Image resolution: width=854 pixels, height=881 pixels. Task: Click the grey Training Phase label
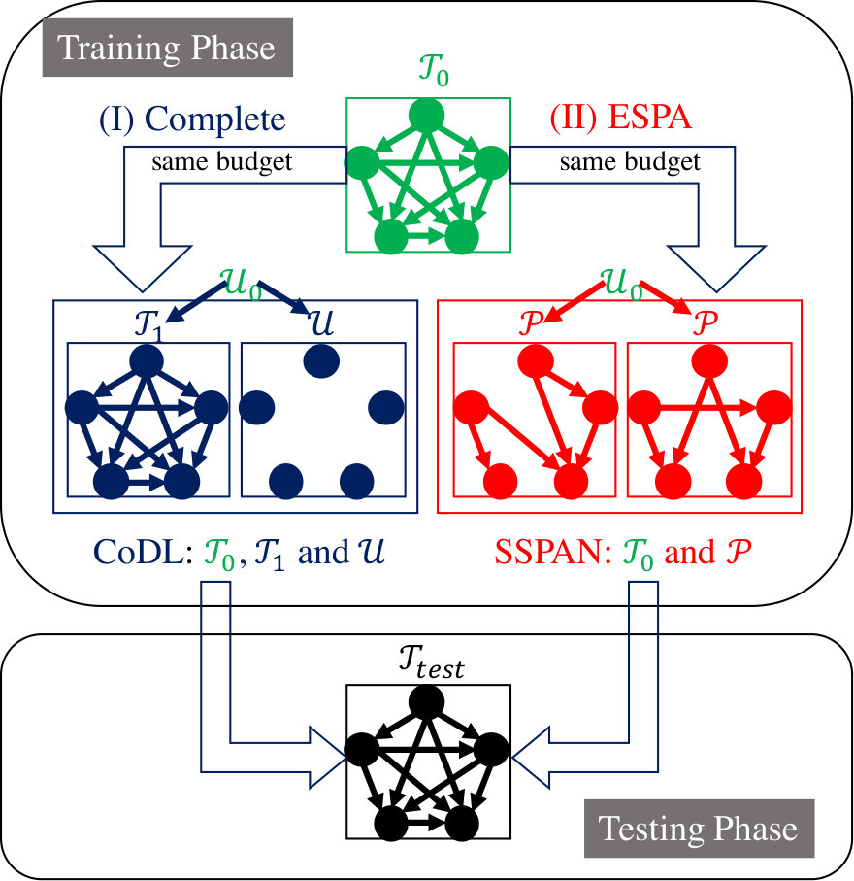(x=167, y=48)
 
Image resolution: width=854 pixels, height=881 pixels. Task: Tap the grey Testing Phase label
(x=699, y=829)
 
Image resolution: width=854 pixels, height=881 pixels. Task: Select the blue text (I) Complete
(x=192, y=119)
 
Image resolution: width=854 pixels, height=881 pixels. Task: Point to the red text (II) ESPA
(x=620, y=118)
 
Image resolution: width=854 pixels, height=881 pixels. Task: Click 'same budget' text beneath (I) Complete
(x=222, y=162)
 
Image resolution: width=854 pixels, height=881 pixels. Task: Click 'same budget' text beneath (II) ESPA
(x=630, y=162)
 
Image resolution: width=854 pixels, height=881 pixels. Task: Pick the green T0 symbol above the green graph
(x=434, y=70)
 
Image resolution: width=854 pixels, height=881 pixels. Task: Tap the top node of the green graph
(x=427, y=116)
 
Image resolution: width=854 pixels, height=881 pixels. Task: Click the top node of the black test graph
(x=427, y=702)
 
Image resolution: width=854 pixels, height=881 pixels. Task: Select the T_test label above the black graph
(x=431, y=661)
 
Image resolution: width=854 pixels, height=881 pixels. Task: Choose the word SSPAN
(x=553, y=553)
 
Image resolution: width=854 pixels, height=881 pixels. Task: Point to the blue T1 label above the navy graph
(x=148, y=325)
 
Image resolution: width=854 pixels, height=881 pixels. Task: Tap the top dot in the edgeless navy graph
(x=321, y=361)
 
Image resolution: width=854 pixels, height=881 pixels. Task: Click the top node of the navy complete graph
(x=147, y=360)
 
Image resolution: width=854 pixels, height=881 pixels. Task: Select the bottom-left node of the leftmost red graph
(x=501, y=482)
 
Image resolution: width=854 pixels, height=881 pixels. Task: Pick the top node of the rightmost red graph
(x=709, y=360)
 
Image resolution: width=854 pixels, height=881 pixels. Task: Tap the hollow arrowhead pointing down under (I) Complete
(x=143, y=268)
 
